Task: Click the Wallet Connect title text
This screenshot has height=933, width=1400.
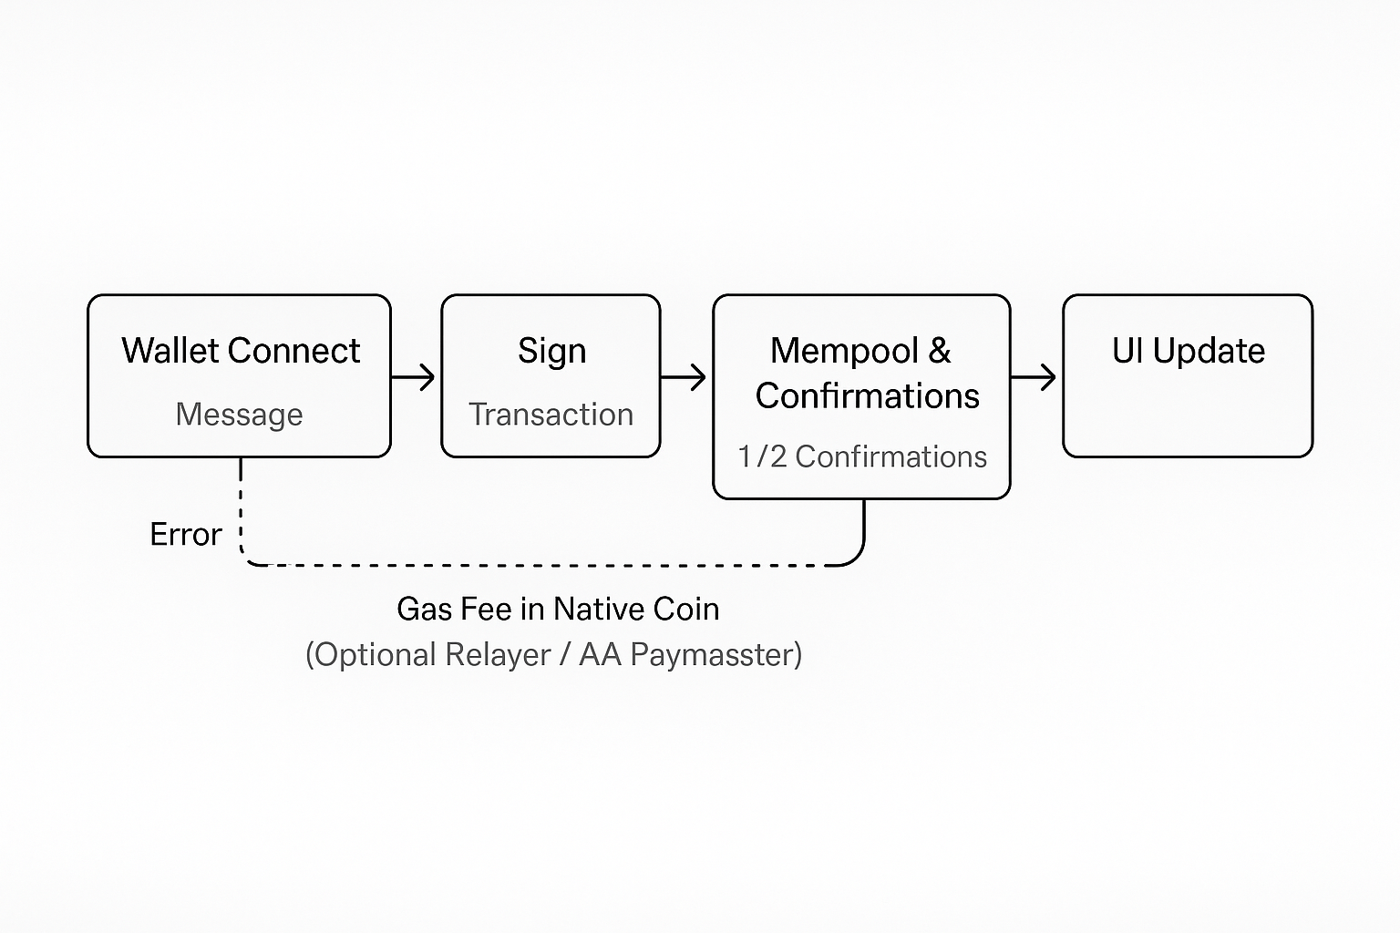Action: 241,351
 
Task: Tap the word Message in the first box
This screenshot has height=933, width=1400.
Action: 239,415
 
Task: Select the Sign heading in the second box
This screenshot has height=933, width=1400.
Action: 551,351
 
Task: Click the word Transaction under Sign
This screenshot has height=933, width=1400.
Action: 551,415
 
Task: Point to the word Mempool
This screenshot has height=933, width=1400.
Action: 844,351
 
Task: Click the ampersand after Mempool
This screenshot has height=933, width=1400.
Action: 940,351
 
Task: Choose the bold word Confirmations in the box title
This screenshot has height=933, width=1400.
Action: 867,396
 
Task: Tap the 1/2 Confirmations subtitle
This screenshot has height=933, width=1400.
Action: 862,456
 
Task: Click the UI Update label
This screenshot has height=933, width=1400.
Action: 1188,351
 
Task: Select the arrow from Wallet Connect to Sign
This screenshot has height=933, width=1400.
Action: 415,376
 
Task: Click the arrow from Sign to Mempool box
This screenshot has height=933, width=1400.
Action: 685,376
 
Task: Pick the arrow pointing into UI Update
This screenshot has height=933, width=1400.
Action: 1035,376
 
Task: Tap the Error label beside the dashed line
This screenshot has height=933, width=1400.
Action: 185,534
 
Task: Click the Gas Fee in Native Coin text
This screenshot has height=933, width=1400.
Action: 558,609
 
